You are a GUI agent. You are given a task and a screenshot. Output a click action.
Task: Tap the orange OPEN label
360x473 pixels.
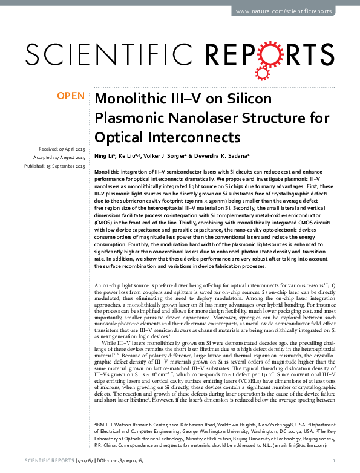tap(70, 96)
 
